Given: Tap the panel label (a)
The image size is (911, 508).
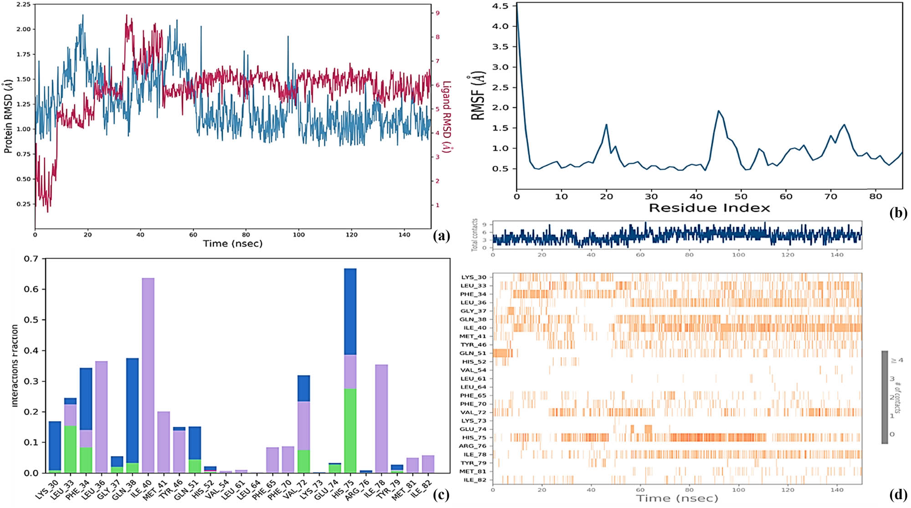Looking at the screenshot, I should tap(441, 236).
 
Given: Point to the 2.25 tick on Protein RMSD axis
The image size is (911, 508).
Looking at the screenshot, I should tap(23, 4).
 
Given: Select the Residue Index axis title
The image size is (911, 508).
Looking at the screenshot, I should tap(709, 208).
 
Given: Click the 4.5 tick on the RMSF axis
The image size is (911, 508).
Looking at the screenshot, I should tap(500, 6).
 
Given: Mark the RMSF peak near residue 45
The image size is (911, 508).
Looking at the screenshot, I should tap(718, 111).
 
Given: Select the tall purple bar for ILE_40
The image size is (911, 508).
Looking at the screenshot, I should tap(148, 374).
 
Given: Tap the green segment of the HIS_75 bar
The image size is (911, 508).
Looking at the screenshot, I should tap(350, 431).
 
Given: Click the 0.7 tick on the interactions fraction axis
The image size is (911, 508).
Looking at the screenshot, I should tap(31, 259).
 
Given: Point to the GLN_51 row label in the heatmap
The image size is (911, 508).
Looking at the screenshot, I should tap(474, 353).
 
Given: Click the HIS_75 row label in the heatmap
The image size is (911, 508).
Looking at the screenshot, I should tap(474, 437).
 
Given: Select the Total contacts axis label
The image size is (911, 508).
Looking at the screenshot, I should tap(475, 235).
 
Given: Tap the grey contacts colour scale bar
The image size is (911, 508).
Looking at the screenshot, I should tap(885, 396).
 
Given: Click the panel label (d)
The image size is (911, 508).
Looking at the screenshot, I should tap(897, 495).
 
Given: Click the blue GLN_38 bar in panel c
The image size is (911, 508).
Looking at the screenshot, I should tap(132, 410).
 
